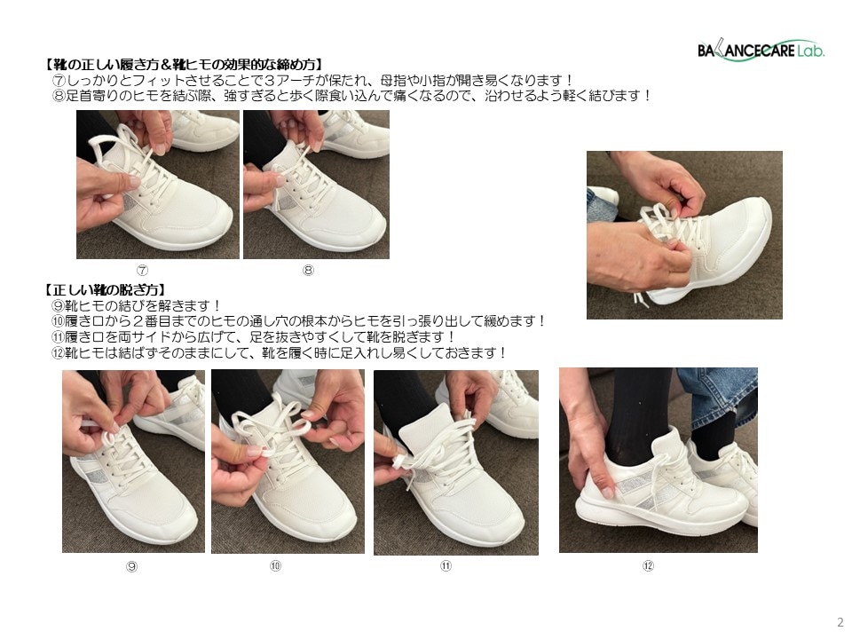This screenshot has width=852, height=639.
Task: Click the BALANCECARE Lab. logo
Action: (761, 51)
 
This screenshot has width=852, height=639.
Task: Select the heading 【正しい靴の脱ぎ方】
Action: (106, 290)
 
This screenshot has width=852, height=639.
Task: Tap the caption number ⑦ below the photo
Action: (142, 270)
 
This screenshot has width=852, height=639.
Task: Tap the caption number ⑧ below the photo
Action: (308, 270)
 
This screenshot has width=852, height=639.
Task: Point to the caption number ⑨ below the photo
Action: (131, 566)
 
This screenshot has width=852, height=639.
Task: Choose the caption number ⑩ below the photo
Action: (275, 565)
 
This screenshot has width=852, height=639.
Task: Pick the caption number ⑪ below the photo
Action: (446, 565)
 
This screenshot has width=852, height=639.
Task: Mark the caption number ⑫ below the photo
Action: (648, 565)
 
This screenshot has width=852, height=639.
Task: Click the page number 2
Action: (840, 622)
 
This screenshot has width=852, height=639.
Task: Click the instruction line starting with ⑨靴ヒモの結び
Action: (137, 306)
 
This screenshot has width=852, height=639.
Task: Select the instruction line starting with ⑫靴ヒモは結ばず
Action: (279, 353)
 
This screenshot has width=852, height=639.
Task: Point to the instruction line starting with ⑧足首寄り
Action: (352, 96)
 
